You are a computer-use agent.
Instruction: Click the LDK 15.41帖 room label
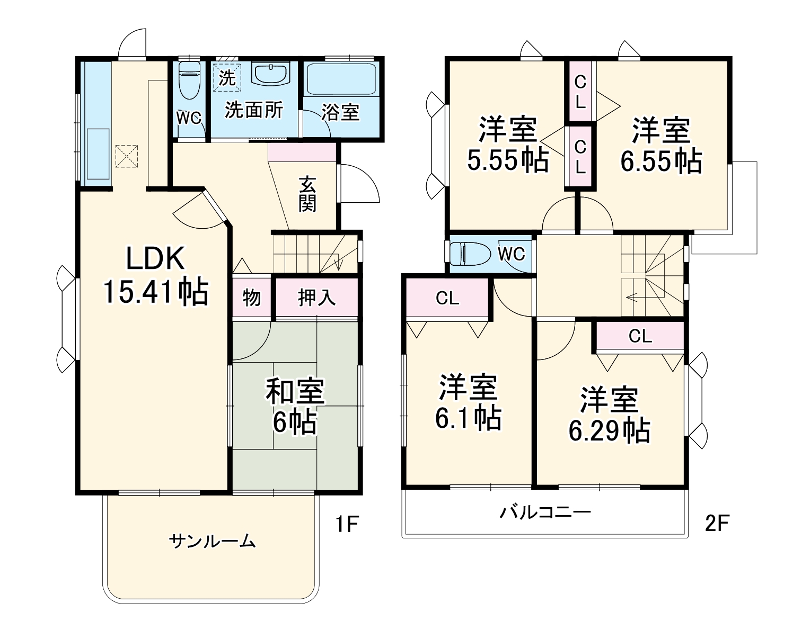(x=155, y=275)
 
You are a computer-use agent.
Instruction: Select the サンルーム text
(x=212, y=541)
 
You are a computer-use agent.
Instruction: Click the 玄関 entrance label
(x=307, y=193)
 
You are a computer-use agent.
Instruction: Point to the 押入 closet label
(x=316, y=298)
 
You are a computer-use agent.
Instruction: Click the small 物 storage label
(x=252, y=298)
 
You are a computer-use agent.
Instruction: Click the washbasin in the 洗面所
(x=270, y=74)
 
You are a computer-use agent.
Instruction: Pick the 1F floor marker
(x=347, y=524)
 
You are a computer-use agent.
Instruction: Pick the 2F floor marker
(x=717, y=523)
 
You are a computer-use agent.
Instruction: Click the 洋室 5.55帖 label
(x=507, y=145)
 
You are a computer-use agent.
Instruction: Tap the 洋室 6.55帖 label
(x=661, y=146)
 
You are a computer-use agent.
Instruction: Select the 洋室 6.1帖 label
(x=468, y=402)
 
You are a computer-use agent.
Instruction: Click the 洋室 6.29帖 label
(x=610, y=415)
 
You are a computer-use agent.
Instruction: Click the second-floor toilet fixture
(x=469, y=254)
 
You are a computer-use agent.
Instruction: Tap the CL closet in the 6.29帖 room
(x=640, y=336)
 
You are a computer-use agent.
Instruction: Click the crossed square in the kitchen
(x=126, y=156)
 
